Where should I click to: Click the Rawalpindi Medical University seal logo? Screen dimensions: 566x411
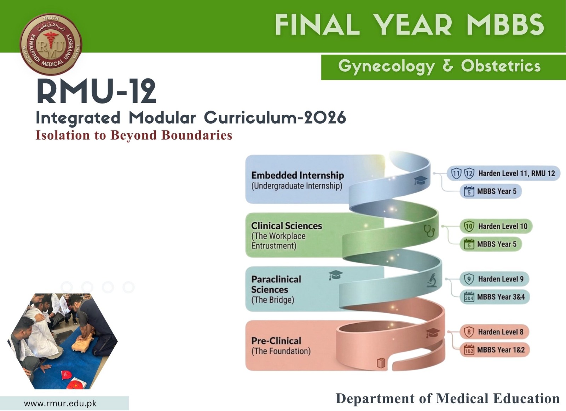[51, 45]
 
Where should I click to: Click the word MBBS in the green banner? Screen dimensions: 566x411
[505, 24]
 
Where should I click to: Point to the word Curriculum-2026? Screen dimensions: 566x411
[275, 118]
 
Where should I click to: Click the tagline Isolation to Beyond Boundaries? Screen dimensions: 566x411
[134, 135]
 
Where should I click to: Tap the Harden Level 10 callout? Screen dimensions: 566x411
[496, 226]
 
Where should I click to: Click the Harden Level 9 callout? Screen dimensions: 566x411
[494, 279]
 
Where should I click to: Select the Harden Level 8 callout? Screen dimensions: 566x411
[494, 332]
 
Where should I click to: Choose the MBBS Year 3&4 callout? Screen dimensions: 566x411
[495, 297]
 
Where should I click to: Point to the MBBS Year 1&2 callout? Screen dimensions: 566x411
[495, 350]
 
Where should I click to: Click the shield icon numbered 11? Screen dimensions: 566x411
[456, 174]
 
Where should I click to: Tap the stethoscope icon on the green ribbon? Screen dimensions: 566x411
[429, 230]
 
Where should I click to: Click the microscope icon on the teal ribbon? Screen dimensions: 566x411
[431, 281]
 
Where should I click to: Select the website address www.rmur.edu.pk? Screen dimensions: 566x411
[60, 403]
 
